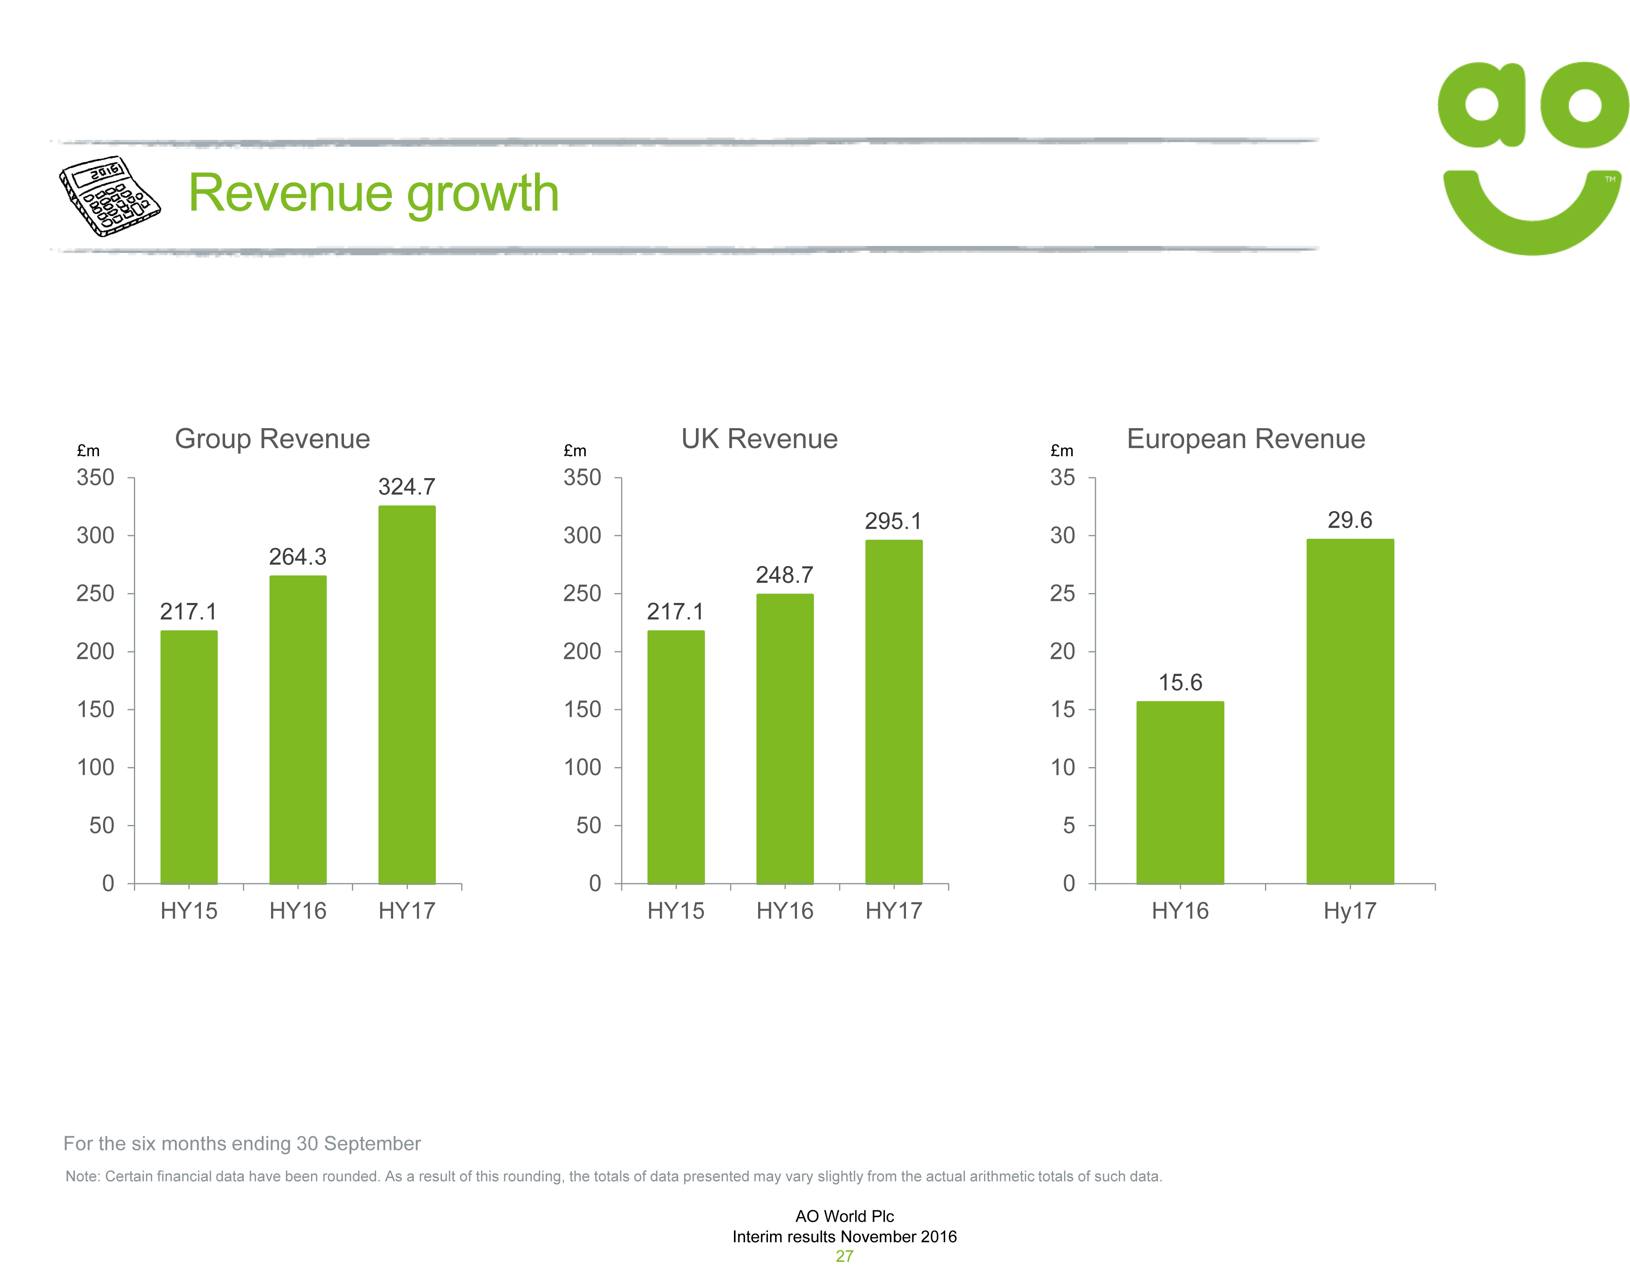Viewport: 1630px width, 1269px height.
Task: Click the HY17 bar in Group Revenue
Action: tap(407, 694)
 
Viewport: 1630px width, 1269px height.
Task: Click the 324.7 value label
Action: tap(407, 487)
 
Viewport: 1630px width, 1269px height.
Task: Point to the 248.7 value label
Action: tap(784, 575)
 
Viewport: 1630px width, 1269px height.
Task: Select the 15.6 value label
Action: tap(1180, 682)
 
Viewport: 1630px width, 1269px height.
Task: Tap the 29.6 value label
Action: tap(1349, 520)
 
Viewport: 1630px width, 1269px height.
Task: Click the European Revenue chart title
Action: tap(1246, 439)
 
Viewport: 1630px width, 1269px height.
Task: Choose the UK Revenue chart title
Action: tap(759, 439)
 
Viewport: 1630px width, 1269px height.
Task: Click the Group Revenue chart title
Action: tap(272, 439)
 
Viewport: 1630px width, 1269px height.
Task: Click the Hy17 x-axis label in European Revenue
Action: tap(1349, 911)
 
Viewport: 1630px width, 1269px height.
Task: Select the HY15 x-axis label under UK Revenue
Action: tap(675, 911)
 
